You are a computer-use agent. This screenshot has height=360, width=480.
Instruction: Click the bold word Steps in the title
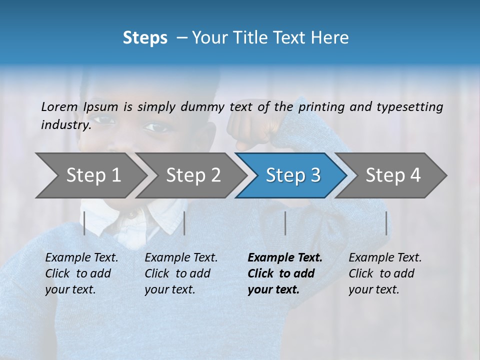coord(145,38)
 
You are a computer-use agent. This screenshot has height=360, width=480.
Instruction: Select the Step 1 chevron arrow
coord(90,175)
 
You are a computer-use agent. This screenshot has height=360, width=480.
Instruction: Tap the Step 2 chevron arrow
coord(192,175)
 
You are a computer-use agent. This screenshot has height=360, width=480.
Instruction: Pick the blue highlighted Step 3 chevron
coord(292,175)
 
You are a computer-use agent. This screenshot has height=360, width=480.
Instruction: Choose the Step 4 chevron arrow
coord(392,175)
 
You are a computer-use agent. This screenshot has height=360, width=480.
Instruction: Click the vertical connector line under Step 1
coord(84,223)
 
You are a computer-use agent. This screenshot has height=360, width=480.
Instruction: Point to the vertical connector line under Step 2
coord(184,223)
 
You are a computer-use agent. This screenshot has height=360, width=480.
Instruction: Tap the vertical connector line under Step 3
coord(285,223)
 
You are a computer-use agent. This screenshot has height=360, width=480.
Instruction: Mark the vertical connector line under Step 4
coord(386,223)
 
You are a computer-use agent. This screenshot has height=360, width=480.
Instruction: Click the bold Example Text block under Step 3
coord(285,273)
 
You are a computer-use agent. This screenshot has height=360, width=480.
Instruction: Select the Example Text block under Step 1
coord(81,273)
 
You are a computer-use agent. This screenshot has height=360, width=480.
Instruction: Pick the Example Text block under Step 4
coord(385,273)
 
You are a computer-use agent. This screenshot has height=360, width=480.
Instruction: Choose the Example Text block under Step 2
coord(181,273)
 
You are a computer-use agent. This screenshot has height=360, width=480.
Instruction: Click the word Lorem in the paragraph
coord(59,106)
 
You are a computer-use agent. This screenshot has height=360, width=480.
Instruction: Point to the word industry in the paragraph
coord(65,124)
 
